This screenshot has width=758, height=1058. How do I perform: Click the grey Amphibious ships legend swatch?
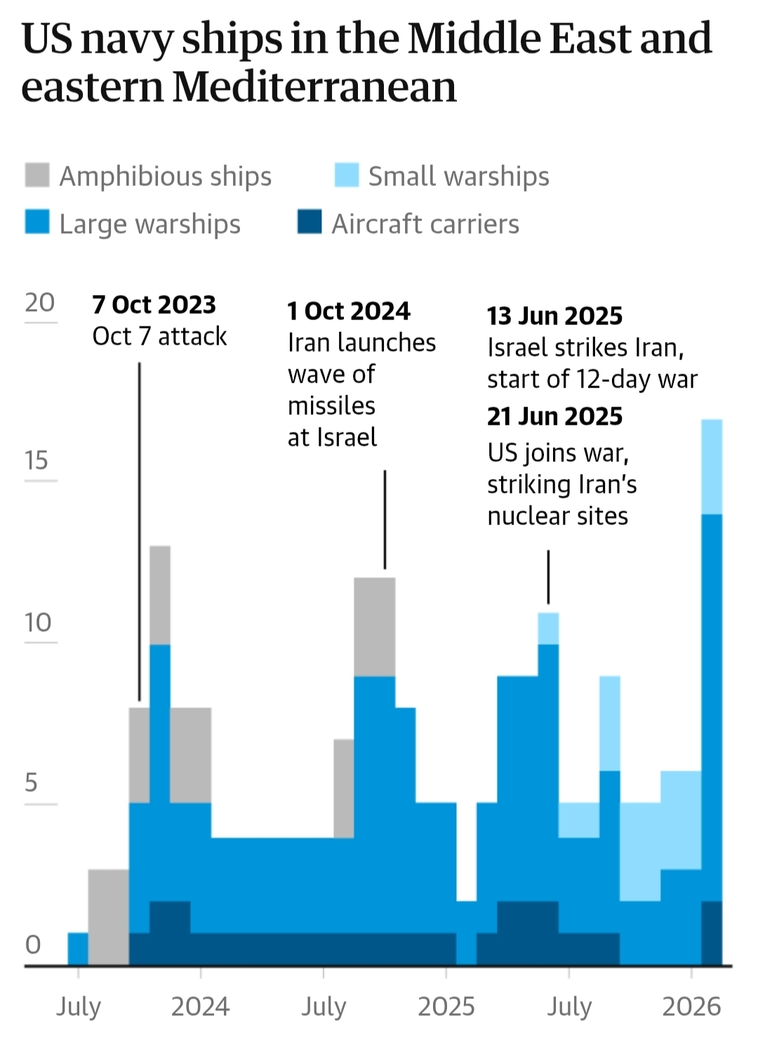tap(37, 176)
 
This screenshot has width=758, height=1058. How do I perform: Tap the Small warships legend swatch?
tap(347, 176)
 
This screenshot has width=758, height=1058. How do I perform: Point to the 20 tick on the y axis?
tap(39, 303)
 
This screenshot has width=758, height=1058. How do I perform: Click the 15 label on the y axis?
tap(36, 461)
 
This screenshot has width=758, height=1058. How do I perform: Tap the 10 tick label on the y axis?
tap(38, 622)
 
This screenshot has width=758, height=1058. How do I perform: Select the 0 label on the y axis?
tap(33, 945)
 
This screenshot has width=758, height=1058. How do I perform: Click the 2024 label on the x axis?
tap(200, 1007)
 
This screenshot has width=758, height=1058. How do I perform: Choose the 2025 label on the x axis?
tap(446, 1007)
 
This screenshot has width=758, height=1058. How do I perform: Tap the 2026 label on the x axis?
tap(691, 1007)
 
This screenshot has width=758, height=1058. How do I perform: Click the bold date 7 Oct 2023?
tap(154, 305)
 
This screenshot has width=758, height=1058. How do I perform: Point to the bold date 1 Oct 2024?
tap(349, 311)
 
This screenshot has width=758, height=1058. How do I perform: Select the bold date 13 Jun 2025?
tap(554, 316)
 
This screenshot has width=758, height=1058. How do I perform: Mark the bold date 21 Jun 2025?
tap(554, 416)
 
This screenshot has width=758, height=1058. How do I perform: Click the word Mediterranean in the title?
tap(314, 87)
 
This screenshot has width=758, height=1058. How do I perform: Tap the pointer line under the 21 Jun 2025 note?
tap(548, 577)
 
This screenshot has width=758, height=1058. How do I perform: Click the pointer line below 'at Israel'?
tap(385, 520)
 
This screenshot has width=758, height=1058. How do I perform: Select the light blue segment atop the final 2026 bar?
tap(712, 467)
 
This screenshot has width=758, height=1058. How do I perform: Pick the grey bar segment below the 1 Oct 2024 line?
tap(375, 626)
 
